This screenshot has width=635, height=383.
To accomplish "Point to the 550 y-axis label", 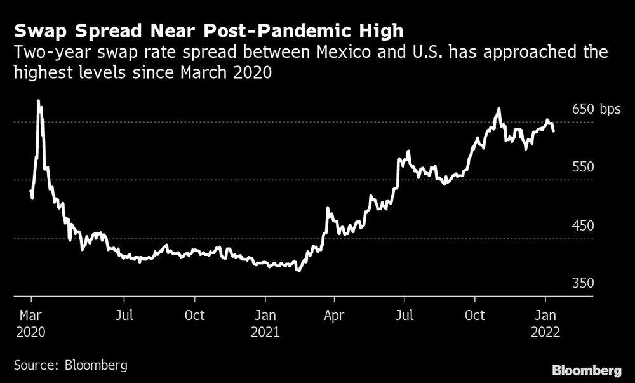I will [x=583, y=167].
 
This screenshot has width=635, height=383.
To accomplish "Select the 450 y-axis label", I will [x=583, y=226].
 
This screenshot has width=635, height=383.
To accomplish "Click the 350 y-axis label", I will [x=583, y=283].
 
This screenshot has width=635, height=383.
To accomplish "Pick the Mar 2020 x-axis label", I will [x=30, y=323].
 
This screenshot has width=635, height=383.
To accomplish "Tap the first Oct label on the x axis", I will [x=195, y=315].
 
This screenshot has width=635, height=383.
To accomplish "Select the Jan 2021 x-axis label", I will [x=265, y=323].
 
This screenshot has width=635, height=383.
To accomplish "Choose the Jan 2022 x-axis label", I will [x=545, y=323].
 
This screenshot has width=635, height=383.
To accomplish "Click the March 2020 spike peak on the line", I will [x=38, y=100].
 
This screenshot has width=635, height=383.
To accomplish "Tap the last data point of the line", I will [x=554, y=131].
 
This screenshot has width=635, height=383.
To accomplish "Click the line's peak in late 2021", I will [x=498, y=109].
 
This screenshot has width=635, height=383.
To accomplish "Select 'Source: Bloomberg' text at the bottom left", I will [x=70, y=365].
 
